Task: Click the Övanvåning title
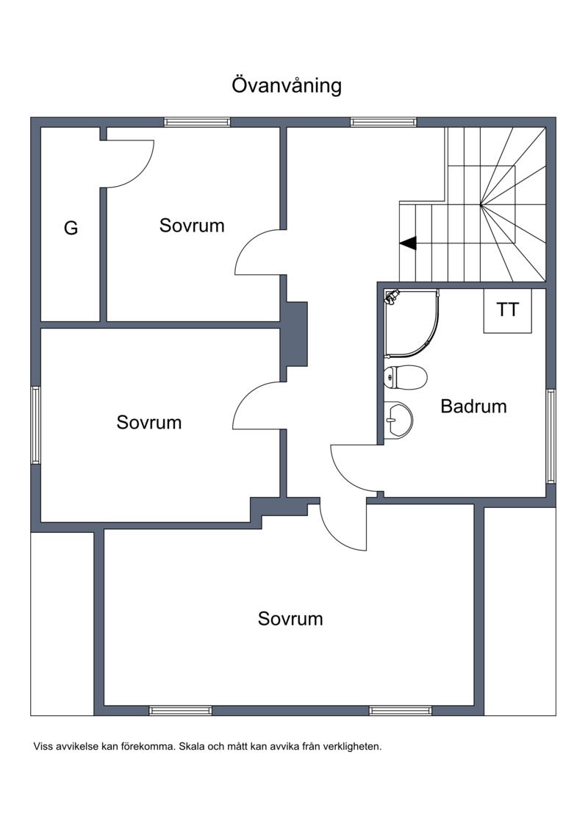point(287,85)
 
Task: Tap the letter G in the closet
point(71,228)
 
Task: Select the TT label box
point(507,311)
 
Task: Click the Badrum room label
point(473,406)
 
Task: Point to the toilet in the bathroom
point(405,378)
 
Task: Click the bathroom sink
point(398,420)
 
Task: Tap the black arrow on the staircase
point(408,243)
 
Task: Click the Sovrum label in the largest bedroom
point(290,619)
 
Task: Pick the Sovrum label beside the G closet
point(192,226)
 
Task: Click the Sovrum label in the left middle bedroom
point(149,423)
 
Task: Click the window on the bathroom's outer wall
point(551,436)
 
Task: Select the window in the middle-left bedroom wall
point(35,425)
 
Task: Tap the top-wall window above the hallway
point(384,122)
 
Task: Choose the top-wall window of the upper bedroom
point(197,122)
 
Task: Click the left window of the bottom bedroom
point(180,710)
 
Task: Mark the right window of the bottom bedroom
point(401,710)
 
